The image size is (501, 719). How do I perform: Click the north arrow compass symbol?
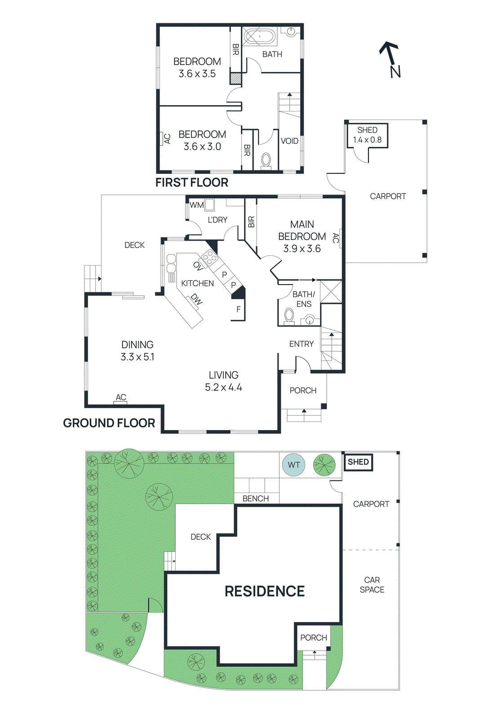pos(390,59)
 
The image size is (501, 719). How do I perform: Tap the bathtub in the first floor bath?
pos(259,36)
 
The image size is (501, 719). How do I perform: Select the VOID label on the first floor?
pos(289,141)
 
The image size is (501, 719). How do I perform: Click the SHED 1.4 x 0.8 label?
pos(367,135)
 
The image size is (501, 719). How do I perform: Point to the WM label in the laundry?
pos(196,205)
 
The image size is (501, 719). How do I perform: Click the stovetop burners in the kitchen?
pos(209,257)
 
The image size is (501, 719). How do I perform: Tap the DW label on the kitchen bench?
pos(196,299)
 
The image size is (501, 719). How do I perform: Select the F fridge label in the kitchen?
pos(239,309)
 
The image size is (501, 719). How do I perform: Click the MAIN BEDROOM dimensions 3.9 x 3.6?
pos(302,249)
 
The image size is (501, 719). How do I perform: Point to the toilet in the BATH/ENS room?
pos(289,317)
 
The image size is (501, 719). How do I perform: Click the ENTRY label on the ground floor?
pos(301,344)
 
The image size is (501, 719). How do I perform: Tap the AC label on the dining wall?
pos(121,397)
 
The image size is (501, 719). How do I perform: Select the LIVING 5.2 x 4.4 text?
pos(223,381)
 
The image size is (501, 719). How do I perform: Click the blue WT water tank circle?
pos(293,465)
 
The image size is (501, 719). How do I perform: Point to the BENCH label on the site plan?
pos(256,498)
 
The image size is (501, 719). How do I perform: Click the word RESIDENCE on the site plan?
pos(265,591)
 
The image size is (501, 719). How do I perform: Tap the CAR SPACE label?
pos(372,585)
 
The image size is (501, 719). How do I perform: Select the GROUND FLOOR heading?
pos(109,423)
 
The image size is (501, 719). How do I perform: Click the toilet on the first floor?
pos(266,160)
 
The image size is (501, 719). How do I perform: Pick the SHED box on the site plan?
pos(358,462)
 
